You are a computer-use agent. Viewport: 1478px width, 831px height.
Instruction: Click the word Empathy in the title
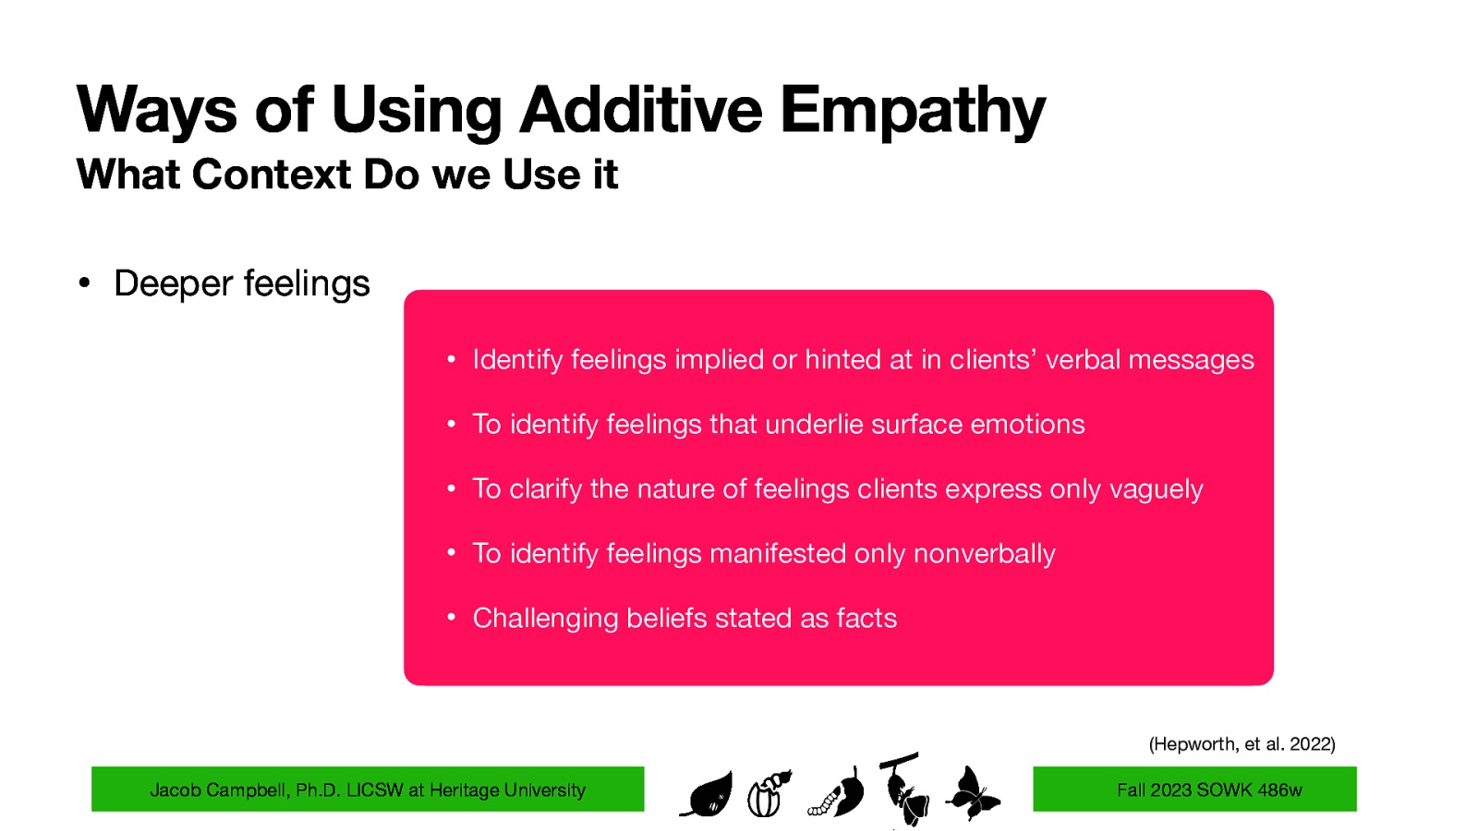coord(912,111)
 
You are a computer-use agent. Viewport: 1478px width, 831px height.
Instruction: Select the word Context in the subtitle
coord(272,175)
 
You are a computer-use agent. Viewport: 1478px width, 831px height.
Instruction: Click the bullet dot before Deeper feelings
coord(83,283)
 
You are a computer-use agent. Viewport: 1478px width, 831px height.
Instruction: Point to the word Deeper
coord(173,283)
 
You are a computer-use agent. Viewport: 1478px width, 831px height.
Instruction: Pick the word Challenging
coord(545,618)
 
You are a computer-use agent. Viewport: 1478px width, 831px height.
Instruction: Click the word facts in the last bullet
coord(866,618)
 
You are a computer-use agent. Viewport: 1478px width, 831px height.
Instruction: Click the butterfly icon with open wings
coord(972,792)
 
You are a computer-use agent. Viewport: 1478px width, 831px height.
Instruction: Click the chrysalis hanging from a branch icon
coord(904,789)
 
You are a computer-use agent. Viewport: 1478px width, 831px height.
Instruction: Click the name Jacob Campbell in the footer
coord(219,790)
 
